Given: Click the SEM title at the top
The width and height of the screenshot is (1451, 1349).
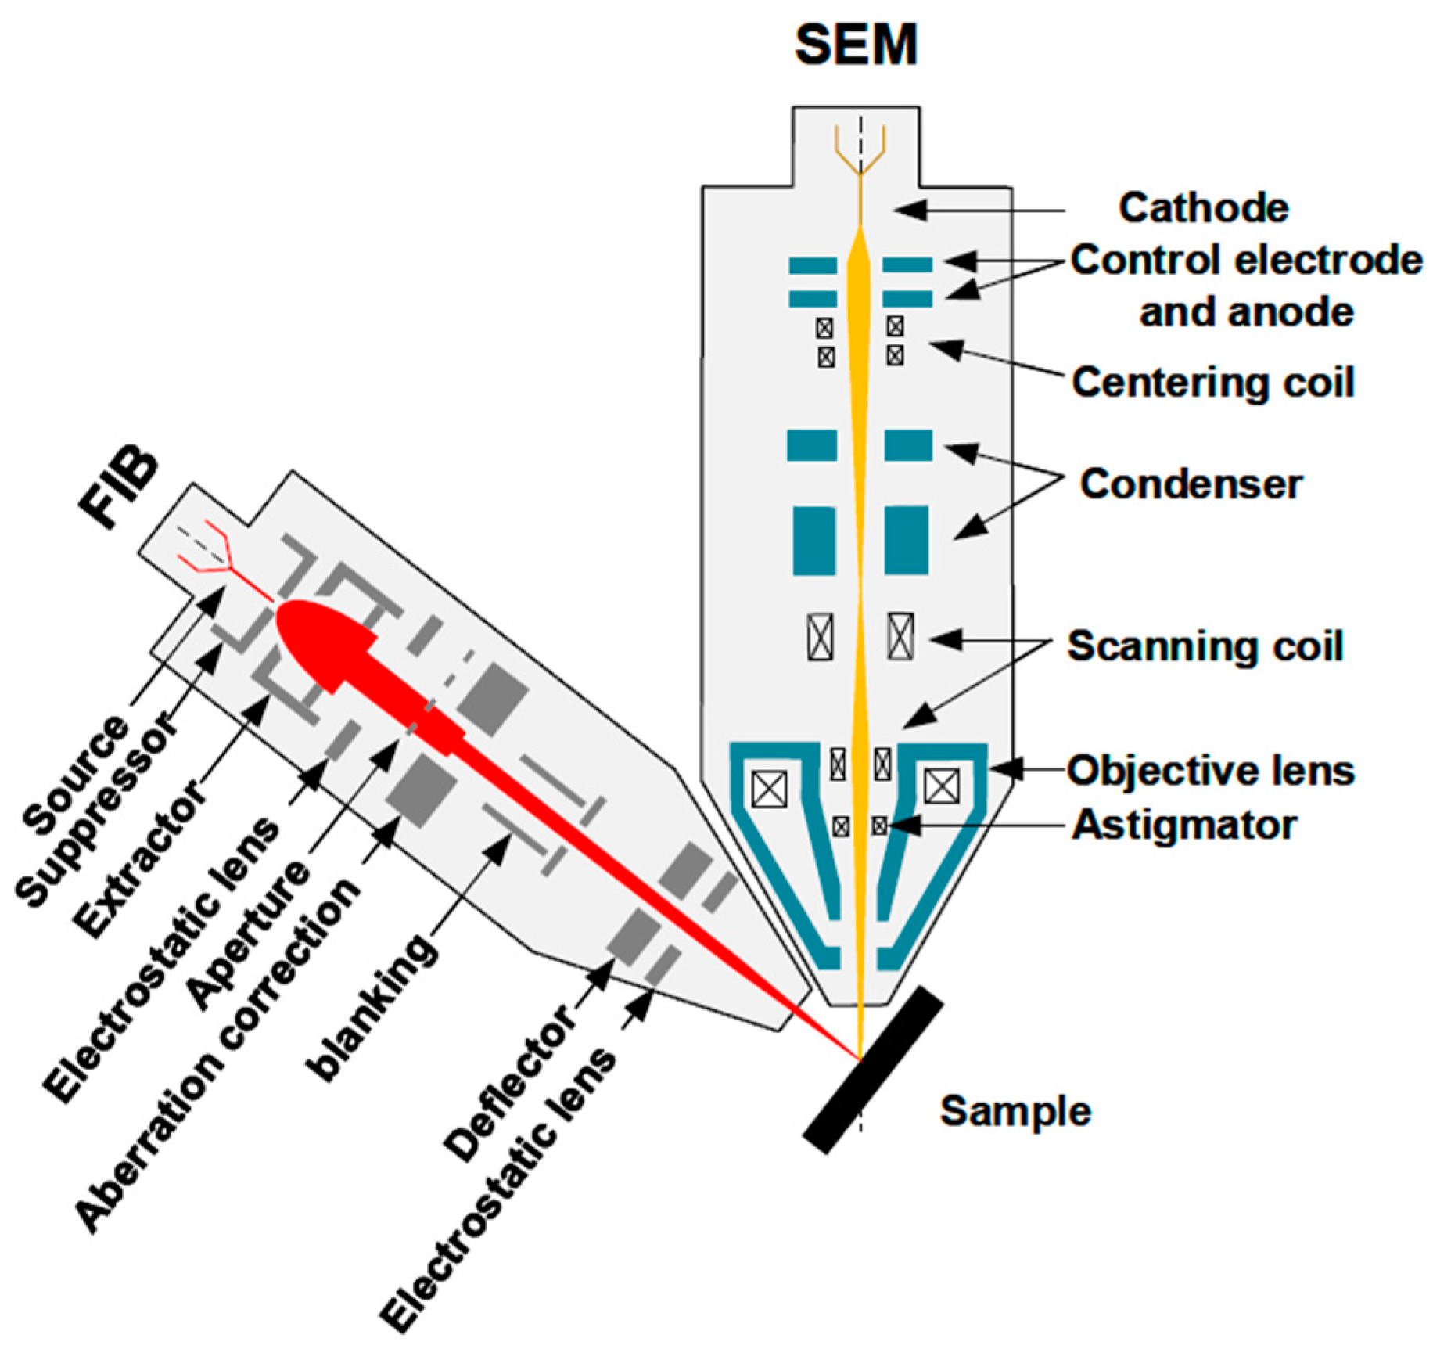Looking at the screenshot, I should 856,45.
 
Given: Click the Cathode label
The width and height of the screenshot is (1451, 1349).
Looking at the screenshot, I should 1203,208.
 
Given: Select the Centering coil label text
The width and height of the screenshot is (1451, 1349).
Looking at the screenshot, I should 1212,383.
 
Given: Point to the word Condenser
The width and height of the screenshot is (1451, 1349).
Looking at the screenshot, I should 1191,484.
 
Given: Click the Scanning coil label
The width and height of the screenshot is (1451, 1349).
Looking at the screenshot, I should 1205,646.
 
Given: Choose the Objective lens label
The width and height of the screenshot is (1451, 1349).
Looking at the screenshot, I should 1211,771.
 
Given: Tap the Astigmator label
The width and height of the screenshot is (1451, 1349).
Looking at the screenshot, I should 1184,825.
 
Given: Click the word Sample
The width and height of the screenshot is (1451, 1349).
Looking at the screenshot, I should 1015,1111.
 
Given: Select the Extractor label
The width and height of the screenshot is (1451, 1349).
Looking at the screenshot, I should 141,861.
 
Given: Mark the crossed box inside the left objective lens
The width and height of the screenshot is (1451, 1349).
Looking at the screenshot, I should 769,788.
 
